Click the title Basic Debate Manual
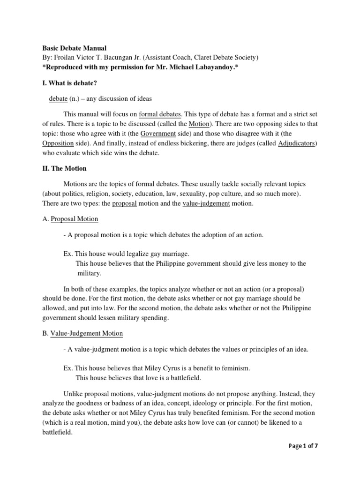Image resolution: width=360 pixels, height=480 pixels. [75, 48]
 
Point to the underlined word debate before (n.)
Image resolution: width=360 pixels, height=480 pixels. [59, 99]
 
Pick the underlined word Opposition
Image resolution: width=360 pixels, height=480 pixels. [58, 143]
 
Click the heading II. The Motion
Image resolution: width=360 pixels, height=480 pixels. [65, 168]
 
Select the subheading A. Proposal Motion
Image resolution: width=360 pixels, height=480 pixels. [70, 219]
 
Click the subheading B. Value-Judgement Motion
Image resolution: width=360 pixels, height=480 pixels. [82, 333]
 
